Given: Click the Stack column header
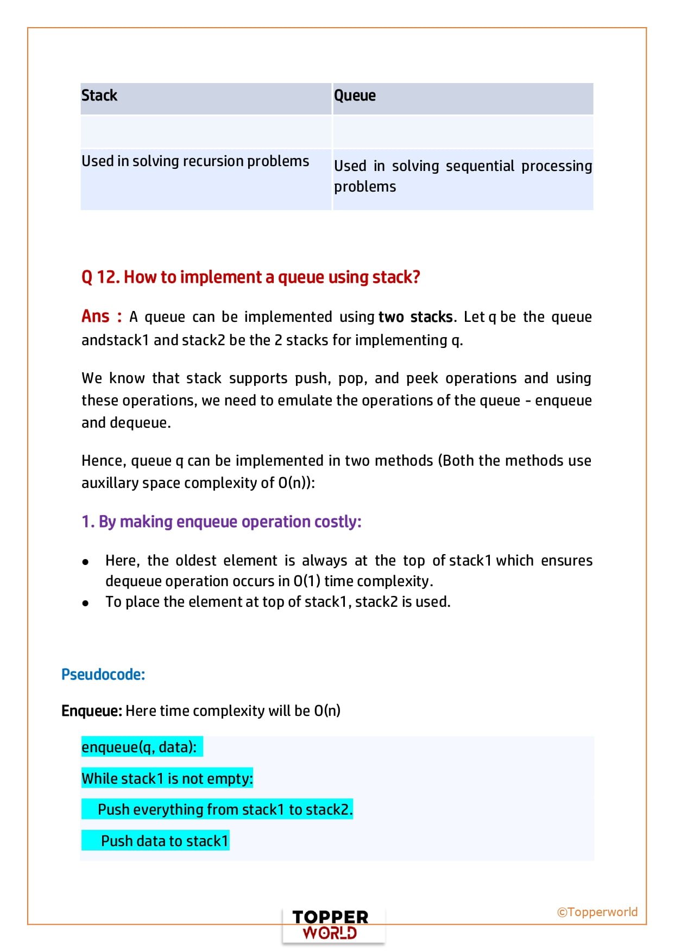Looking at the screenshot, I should coord(99,96).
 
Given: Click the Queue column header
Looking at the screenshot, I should coord(355,96).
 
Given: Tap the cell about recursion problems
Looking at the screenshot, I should coord(195,161).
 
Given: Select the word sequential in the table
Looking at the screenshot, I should coord(480,166).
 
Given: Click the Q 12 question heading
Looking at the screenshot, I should coord(250,277).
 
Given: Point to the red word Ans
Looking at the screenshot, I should coord(96,316).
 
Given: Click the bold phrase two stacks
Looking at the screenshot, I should coord(415,317).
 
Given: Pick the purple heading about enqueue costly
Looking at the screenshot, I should coord(221,522).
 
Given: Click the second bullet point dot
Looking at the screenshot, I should coord(85,603).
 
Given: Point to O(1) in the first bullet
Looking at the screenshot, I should coord(307,581).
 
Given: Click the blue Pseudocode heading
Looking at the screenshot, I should coord(103,675).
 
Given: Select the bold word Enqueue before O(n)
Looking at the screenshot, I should coord(91,711).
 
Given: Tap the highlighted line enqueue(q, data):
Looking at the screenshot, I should coord(140,747).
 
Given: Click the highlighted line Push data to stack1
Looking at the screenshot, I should coord(164,841).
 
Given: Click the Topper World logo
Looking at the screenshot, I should coord(330,925).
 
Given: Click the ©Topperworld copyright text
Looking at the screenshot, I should coord(597,912).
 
